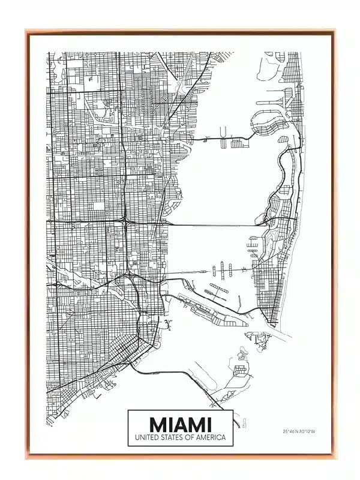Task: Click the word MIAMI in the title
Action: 180,424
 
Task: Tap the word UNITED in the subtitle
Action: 148,437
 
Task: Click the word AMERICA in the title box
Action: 214,437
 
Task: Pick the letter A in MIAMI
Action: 180,424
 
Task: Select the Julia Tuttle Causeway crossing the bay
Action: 216,224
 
